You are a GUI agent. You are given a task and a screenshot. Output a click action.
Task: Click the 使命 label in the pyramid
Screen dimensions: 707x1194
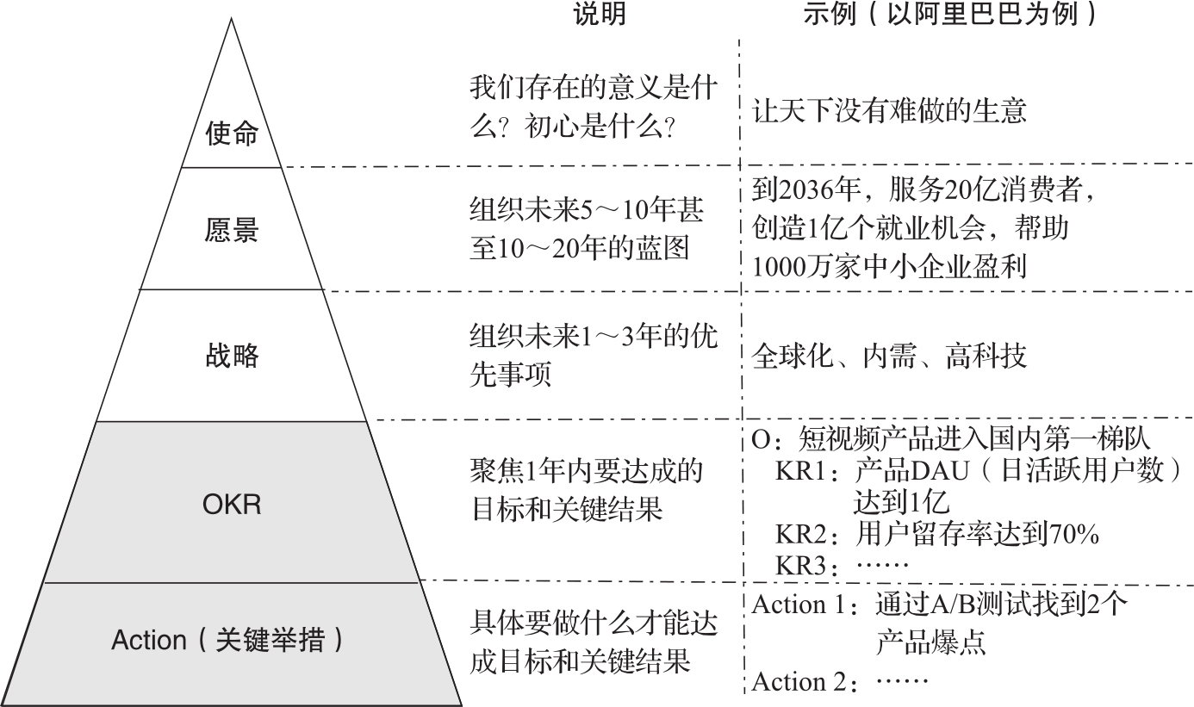click(x=232, y=134)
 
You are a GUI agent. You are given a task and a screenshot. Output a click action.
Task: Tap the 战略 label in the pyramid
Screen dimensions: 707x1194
click(x=232, y=355)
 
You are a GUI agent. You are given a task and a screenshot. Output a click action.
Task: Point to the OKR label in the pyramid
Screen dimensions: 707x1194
click(x=231, y=504)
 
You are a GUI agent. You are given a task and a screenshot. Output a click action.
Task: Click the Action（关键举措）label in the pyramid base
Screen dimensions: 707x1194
click(x=227, y=641)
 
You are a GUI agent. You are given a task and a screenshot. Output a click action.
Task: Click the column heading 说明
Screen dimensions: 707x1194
click(x=600, y=15)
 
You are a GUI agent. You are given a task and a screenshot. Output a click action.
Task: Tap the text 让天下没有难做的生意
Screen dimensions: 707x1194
click(x=889, y=110)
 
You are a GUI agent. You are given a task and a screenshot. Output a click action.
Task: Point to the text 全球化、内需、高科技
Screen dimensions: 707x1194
click(x=889, y=355)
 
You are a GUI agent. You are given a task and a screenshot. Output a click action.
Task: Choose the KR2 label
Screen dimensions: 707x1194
click(x=801, y=535)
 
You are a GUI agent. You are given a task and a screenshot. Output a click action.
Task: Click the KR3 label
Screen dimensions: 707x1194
click(x=801, y=566)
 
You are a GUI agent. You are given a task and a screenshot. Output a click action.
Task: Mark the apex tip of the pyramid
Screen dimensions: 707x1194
click(x=231, y=20)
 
